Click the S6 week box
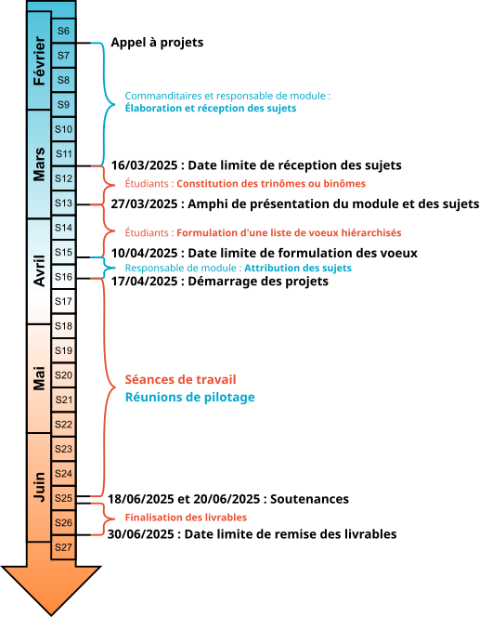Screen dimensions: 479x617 (x=63, y=31)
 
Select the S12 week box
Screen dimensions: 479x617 (x=63, y=178)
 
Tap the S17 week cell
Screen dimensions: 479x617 (x=63, y=301)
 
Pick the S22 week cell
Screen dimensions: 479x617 (x=63, y=424)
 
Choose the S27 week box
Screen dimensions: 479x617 (x=63, y=547)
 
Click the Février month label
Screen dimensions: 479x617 (x=39, y=60)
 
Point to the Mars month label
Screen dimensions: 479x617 (x=39, y=164)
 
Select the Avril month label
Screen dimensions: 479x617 (x=39, y=271)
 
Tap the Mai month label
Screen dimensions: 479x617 (x=39, y=378)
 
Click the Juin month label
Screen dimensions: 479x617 (x=39, y=487)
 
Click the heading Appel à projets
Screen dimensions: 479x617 (x=157, y=43)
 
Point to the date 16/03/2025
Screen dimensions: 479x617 (x=144, y=165)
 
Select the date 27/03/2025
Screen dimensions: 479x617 (x=144, y=204)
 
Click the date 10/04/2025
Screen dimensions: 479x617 (x=144, y=253)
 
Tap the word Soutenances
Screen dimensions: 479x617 (x=310, y=499)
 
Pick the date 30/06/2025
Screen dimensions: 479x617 (x=141, y=534)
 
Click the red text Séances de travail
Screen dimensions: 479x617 (x=180, y=380)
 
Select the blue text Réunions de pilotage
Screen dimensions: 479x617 (x=189, y=398)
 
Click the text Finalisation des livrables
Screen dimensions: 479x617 (x=186, y=518)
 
